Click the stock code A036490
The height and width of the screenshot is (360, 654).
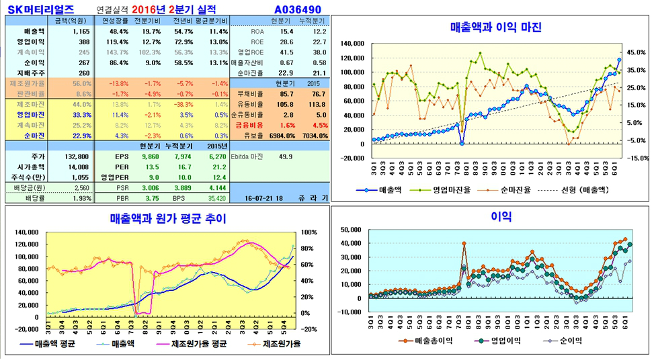coord(298,9)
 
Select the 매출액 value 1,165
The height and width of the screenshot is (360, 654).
coord(80,32)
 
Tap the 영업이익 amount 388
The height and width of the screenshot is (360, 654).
coord(83,42)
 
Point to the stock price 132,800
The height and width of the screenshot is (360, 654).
coord(77,156)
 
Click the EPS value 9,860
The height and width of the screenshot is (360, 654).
coord(149,156)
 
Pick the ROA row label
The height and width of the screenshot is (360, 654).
coord(257,32)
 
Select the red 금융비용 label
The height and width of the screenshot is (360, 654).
coord(249,125)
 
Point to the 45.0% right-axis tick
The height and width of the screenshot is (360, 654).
coord(636,52)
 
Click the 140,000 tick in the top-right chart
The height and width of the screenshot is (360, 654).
coord(349,44)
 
